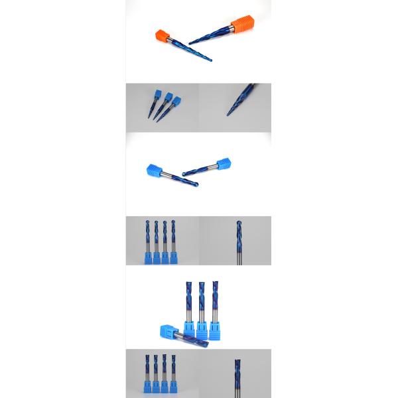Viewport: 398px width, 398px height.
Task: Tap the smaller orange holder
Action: click(163, 36)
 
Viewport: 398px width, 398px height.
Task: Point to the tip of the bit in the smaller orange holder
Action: click(211, 60)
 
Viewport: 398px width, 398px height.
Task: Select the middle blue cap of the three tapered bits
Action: click(168, 97)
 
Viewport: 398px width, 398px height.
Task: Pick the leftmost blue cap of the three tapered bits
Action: click(157, 94)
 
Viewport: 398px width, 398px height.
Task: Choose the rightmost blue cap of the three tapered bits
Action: click(176, 101)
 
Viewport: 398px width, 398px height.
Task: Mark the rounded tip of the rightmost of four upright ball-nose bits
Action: click(173, 222)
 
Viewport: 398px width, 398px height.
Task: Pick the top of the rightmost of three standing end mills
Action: click(214, 284)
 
